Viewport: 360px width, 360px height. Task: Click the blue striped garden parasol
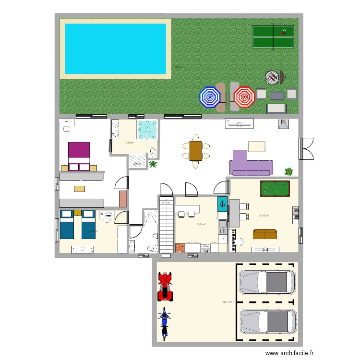209,97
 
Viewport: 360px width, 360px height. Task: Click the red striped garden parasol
244,96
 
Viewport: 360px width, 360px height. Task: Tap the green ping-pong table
273,36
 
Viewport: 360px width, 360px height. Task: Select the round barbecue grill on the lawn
272,77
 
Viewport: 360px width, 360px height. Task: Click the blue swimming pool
115,48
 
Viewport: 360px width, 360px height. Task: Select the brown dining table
196,150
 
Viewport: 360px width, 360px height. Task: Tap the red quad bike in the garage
165,287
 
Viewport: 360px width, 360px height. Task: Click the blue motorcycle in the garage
165,323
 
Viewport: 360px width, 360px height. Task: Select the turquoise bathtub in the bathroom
147,129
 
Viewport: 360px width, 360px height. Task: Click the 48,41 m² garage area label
227,302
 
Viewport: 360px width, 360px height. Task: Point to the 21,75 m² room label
264,216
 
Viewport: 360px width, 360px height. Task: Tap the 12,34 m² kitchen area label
201,224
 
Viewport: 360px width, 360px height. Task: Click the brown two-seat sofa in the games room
264,234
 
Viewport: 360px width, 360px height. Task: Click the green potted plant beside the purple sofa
289,171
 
